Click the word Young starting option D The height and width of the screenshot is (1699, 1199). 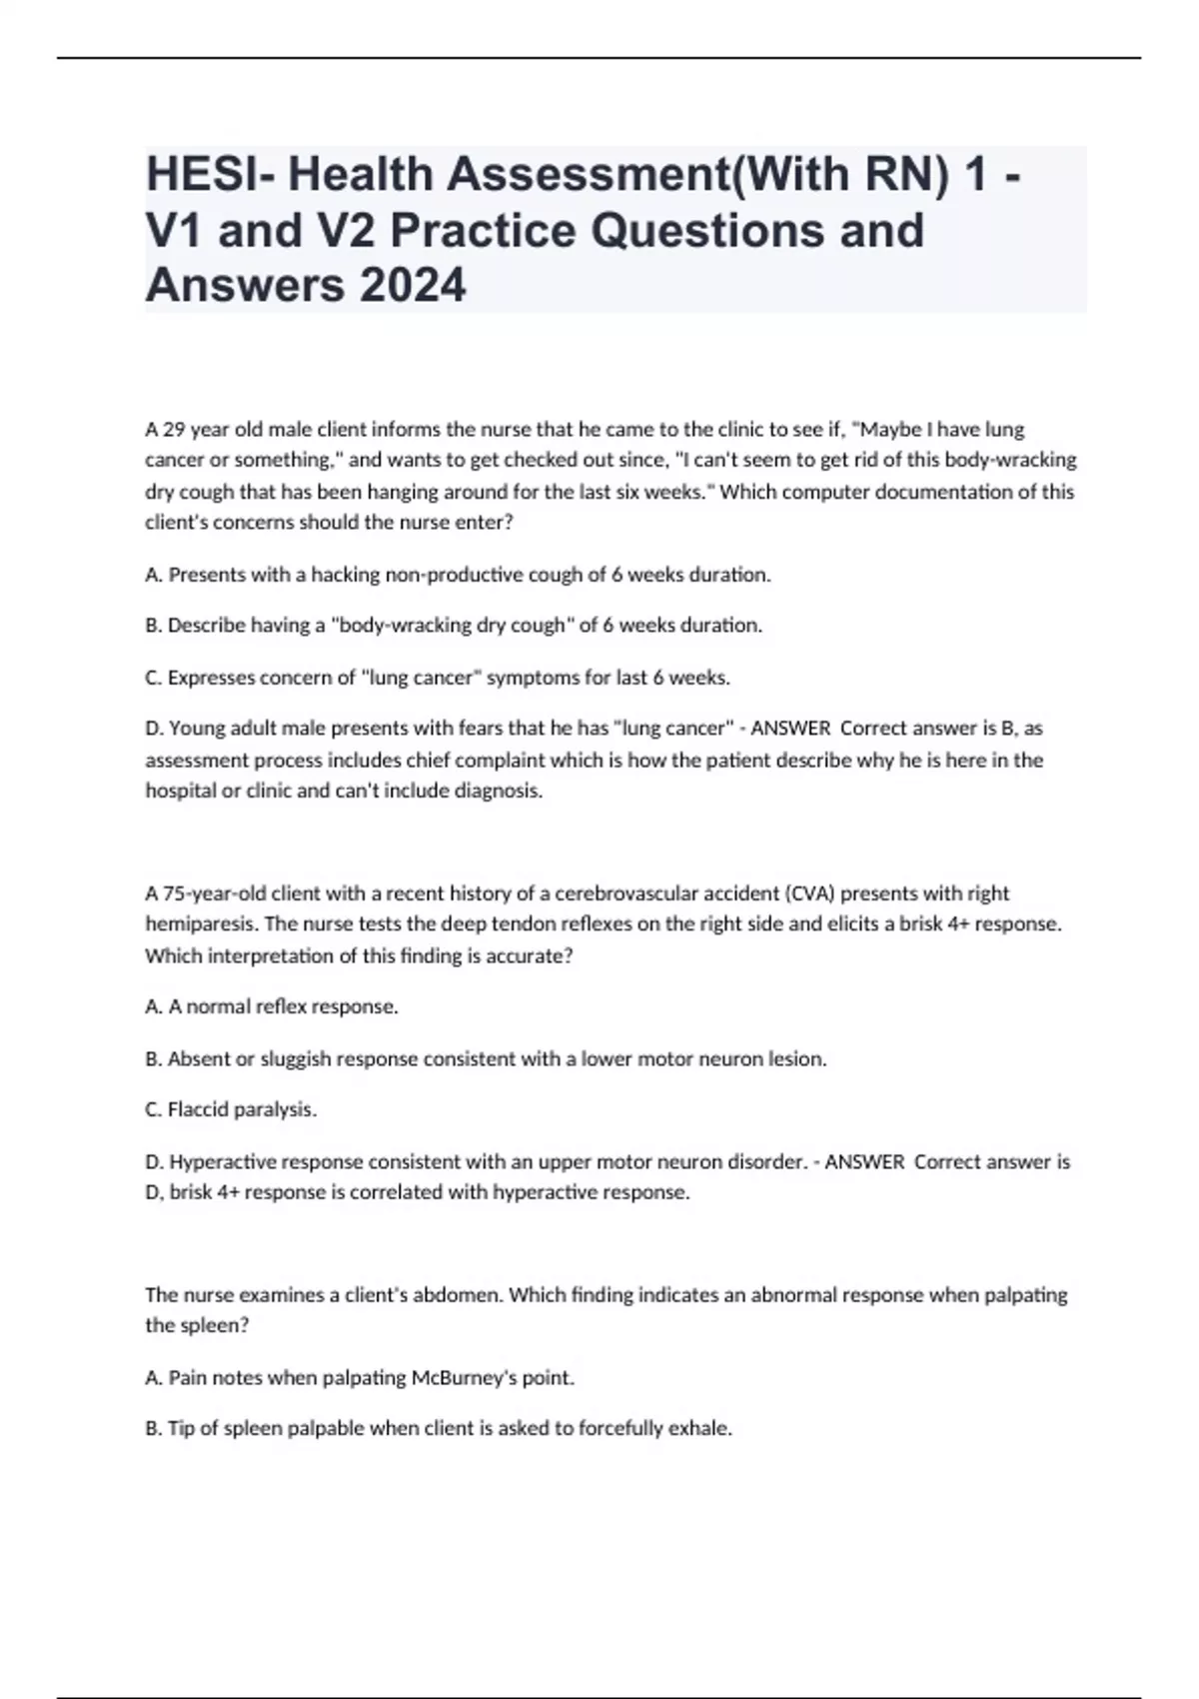tap(194, 729)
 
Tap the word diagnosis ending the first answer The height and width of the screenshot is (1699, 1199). tap(498, 792)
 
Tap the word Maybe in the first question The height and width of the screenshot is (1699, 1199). tap(891, 430)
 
